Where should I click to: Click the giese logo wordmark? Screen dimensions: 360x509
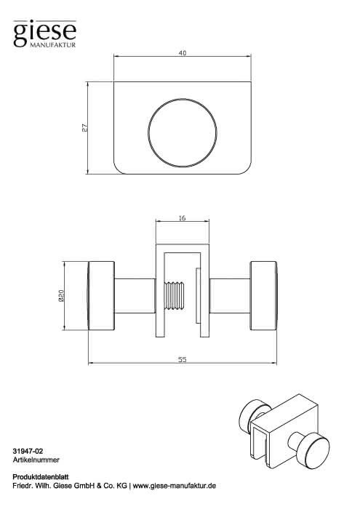point(45,33)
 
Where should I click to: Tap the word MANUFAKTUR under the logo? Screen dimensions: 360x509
point(53,45)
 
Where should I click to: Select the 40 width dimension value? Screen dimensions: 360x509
point(183,53)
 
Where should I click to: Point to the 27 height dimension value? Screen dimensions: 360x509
point(84,127)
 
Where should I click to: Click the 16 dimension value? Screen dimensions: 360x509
point(182,218)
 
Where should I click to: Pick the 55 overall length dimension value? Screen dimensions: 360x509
point(183,360)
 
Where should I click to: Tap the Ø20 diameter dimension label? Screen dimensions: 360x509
point(62,296)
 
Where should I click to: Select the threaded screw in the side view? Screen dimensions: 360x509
point(174,296)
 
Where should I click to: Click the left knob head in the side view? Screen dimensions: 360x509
point(101,296)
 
